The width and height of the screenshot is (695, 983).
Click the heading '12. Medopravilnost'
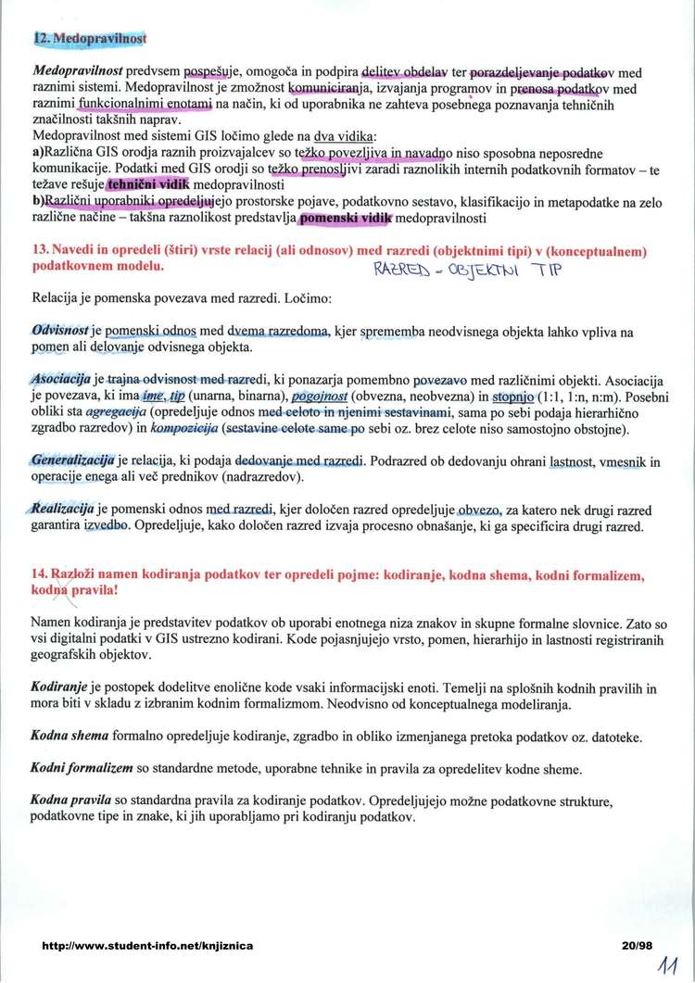coord(90,39)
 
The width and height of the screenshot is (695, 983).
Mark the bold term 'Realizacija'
coord(63,510)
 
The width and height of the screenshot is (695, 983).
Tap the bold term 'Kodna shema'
coord(69,737)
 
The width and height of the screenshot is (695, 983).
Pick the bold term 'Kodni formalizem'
coord(82,769)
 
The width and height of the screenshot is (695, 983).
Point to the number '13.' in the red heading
coord(40,252)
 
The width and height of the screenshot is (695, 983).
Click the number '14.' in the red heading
coord(40,575)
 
